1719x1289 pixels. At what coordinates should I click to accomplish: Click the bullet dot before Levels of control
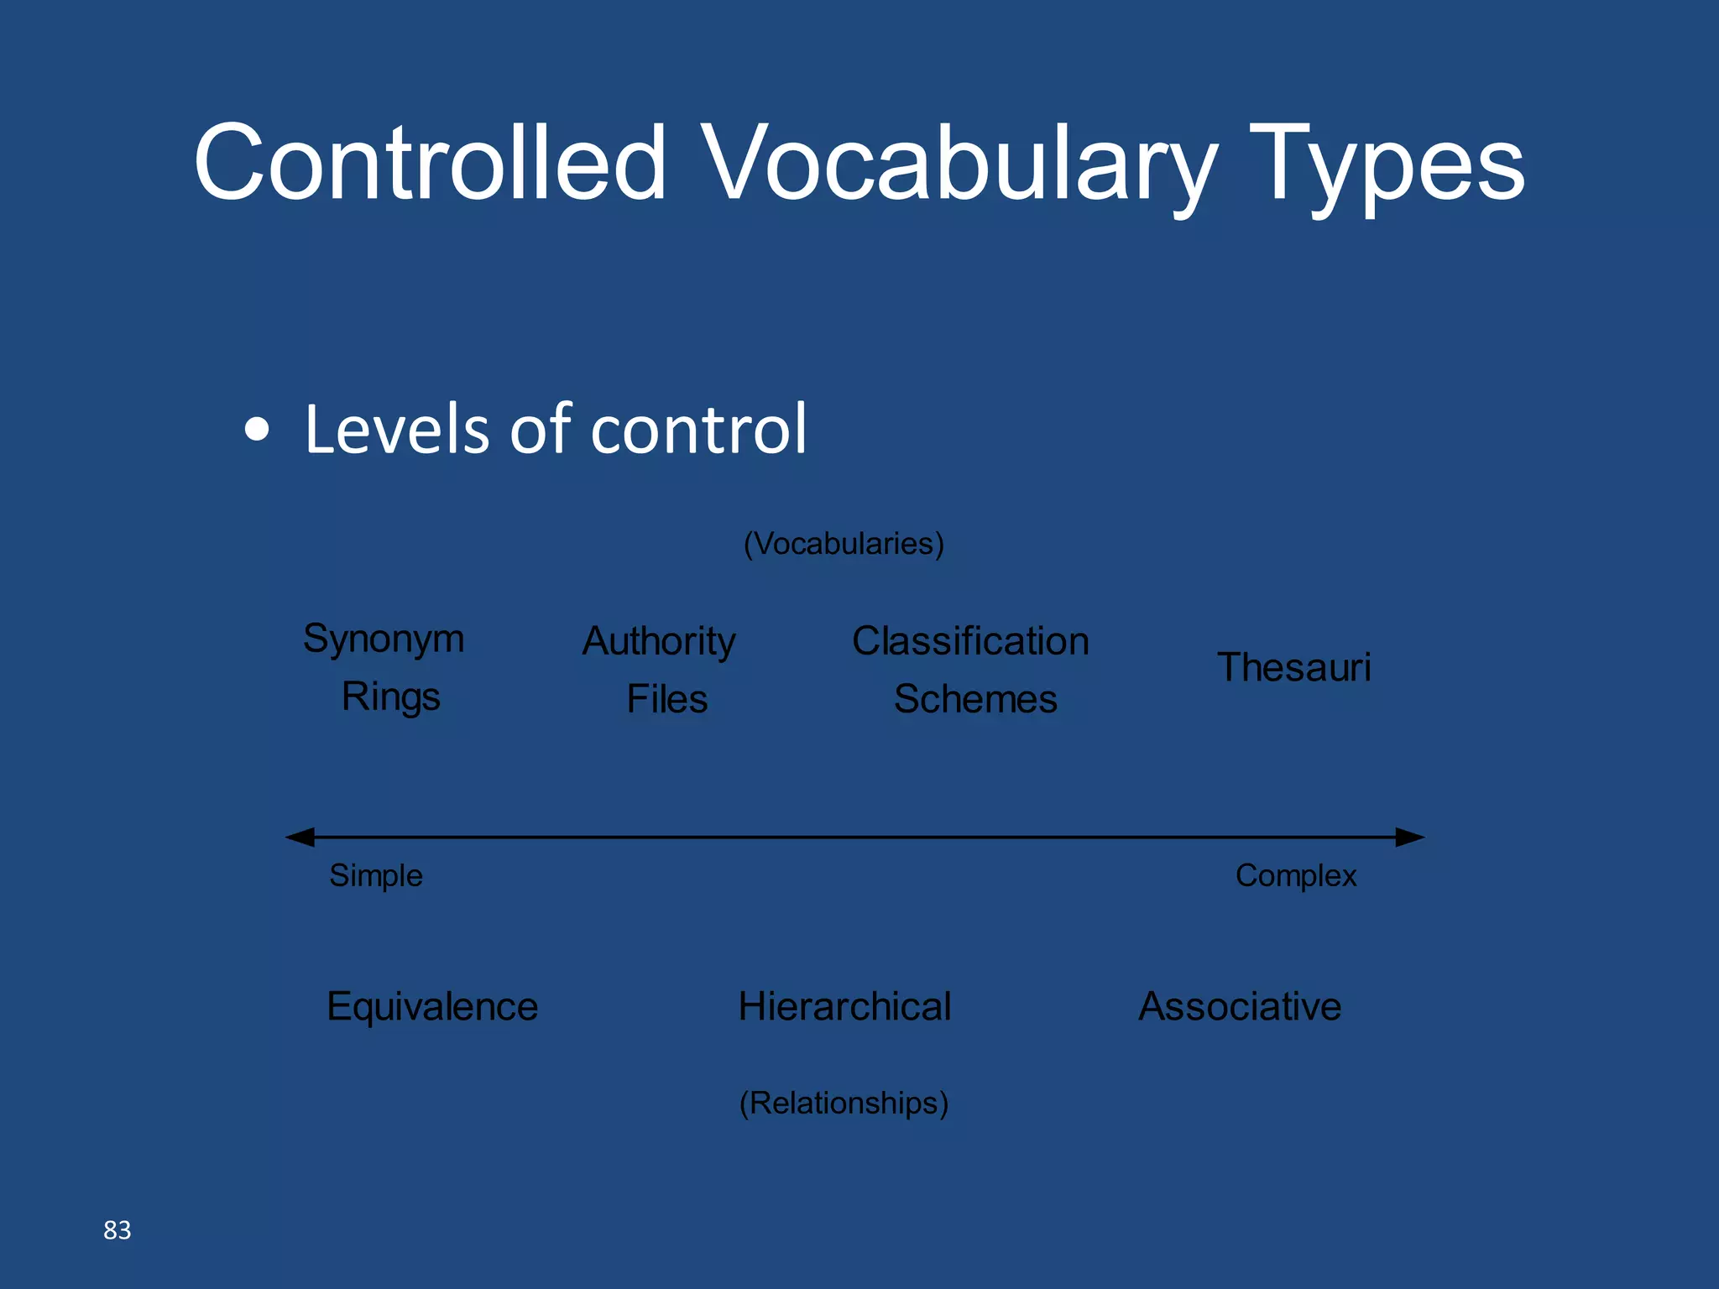[x=257, y=430]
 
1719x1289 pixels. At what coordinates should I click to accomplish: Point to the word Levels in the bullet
[x=396, y=430]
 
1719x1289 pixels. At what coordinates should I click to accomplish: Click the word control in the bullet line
[x=698, y=430]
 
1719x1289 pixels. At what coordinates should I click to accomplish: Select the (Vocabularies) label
[x=844, y=544]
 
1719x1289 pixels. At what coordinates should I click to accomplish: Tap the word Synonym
[x=384, y=639]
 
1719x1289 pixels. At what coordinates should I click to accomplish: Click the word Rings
[x=390, y=697]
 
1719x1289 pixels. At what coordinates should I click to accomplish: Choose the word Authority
[x=659, y=642]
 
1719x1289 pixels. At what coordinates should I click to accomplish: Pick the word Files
[x=667, y=699]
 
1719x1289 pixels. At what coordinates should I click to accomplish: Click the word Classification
[x=970, y=641]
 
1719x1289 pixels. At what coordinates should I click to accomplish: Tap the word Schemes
[x=975, y=699]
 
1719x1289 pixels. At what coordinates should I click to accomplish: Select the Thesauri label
[x=1293, y=668]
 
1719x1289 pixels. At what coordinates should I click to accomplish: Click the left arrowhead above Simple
[x=300, y=837]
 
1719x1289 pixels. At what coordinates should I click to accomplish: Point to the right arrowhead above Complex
[x=1410, y=837]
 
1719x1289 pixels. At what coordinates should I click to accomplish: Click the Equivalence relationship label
[x=432, y=1006]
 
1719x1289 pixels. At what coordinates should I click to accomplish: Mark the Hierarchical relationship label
[x=844, y=1006]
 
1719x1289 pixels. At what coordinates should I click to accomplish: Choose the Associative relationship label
[x=1240, y=1006]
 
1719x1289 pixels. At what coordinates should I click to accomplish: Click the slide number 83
[x=118, y=1230]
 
